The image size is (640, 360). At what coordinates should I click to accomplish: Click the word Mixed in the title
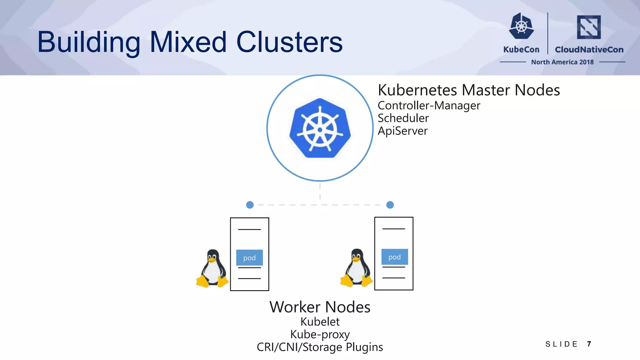(188, 42)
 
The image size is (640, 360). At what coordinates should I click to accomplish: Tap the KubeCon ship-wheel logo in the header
(521, 26)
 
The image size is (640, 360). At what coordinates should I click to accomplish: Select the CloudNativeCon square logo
(589, 27)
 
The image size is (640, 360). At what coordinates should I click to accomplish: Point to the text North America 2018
(562, 62)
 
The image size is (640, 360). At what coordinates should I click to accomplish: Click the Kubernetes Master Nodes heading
(468, 90)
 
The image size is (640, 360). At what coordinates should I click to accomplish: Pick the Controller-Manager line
(429, 106)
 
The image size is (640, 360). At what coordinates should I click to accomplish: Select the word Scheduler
(403, 118)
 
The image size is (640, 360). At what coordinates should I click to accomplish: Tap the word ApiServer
(402, 131)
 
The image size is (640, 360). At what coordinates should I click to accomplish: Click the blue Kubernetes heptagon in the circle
(320, 128)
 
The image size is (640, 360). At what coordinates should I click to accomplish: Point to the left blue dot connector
(250, 205)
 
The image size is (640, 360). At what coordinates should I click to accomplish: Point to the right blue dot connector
(390, 205)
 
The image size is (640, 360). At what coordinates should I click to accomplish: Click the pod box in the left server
(249, 258)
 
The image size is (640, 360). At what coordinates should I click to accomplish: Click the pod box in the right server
(394, 257)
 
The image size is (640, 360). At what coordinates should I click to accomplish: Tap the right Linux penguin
(356, 268)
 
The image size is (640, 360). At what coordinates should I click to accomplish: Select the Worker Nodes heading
(320, 307)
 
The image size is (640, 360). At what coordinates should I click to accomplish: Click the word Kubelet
(320, 322)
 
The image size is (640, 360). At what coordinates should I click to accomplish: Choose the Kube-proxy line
(320, 334)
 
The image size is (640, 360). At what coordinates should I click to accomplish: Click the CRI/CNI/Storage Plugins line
(320, 347)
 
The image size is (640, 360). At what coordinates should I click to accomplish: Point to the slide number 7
(589, 344)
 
